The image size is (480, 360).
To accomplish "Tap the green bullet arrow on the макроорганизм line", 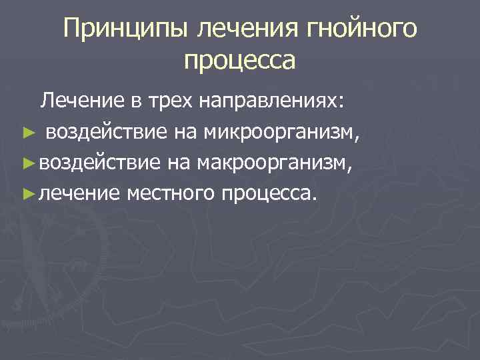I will (x=27, y=163).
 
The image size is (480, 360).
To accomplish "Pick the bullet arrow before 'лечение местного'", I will (x=27, y=194).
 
